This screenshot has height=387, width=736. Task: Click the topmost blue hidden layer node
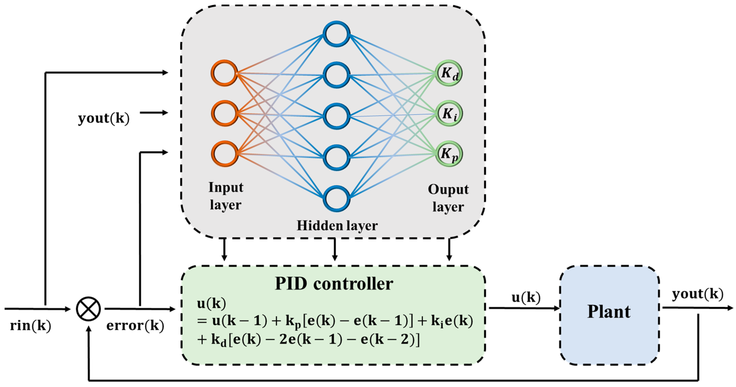(336, 34)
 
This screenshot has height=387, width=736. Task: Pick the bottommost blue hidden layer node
(336, 198)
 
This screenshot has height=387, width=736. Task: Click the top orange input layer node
(225, 73)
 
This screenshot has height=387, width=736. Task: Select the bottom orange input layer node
(225, 154)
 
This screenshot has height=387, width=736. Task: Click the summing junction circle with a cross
(88, 309)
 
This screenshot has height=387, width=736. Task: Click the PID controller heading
(334, 284)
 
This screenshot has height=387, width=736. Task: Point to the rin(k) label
(31, 325)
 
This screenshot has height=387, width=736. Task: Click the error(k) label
(135, 325)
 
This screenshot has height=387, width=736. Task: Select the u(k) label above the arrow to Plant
(526, 297)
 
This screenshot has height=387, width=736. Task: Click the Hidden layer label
(337, 226)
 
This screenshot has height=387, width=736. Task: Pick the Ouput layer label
(448, 198)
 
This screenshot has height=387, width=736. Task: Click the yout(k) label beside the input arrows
(104, 118)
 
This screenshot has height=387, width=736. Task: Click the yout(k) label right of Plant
(697, 294)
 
